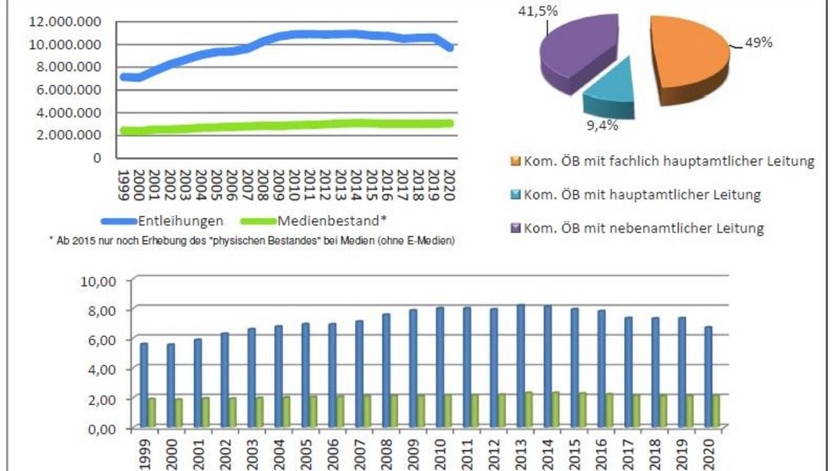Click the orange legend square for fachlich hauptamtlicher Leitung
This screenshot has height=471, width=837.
[514, 162]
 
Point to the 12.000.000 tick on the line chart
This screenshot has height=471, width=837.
[65, 22]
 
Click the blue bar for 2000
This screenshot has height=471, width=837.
[171, 386]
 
